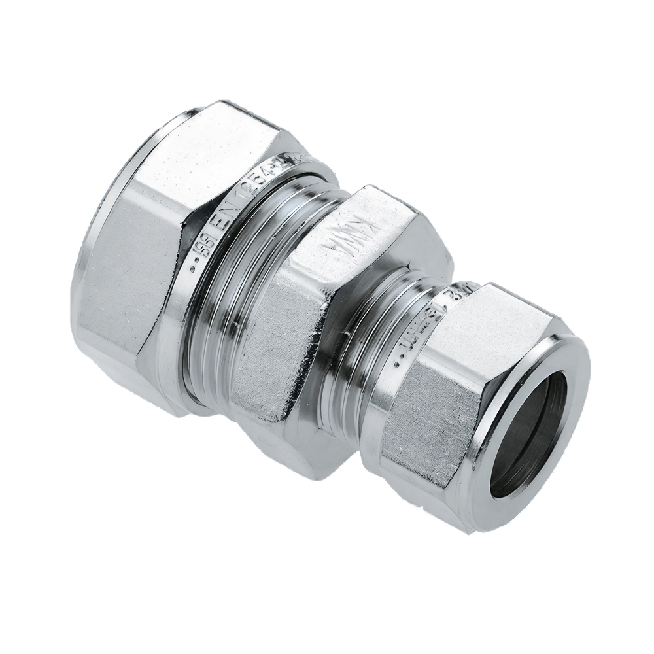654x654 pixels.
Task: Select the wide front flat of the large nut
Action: point(141,262)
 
